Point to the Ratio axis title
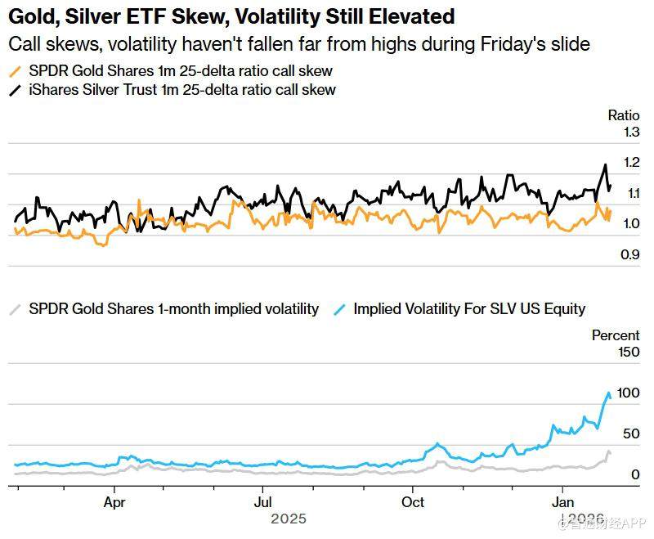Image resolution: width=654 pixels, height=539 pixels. (x=623, y=115)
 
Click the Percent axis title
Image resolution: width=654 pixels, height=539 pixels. (x=616, y=335)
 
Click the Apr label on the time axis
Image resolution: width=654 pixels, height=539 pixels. (x=115, y=501)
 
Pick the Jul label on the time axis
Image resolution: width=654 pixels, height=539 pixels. (x=263, y=501)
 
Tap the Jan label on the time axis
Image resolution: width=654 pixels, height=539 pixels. (x=562, y=501)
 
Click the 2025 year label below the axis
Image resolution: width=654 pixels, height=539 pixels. (x=288, y=519)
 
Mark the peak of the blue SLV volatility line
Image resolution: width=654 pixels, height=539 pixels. (x=608, y=393)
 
